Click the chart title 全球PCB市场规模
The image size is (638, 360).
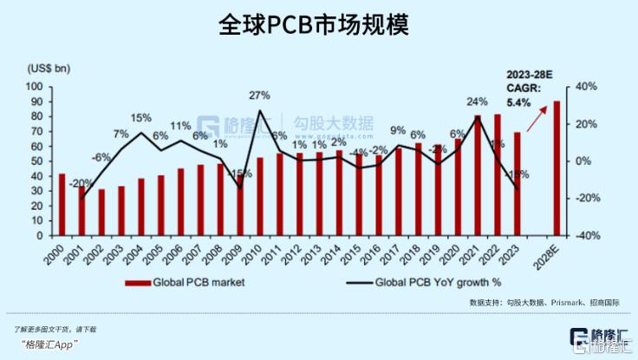pos(318,24)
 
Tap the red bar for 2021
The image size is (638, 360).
pos(478,175)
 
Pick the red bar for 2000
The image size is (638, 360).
pos(62,205)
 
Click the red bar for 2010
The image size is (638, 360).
pos(259,196)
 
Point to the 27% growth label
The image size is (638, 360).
pos(259,95)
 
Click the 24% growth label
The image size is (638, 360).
pos(478,101)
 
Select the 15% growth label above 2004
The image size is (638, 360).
pos(141,117)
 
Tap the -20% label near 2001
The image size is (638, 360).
pos(82,183)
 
